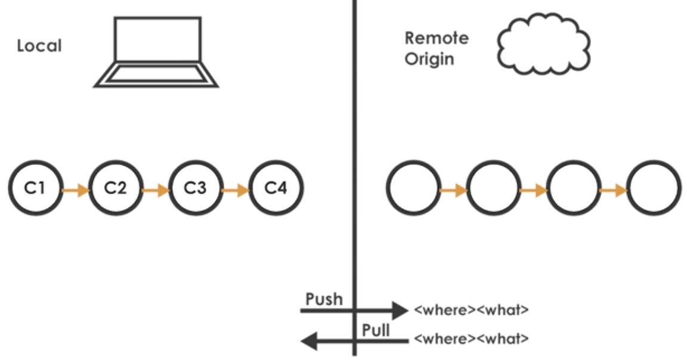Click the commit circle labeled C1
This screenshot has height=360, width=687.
point(36,189)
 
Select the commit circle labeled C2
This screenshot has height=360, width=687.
point(115,189)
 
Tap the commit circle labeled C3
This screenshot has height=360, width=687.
point(195,189)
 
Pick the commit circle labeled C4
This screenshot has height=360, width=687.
point(275,189)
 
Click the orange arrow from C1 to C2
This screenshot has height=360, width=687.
point(75,190)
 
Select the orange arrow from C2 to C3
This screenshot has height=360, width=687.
point(155,190)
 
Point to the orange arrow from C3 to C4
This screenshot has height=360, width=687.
point(235,190)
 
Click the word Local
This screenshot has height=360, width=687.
point(39,46)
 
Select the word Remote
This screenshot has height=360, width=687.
point(437,38)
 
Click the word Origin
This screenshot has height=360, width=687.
point(429,60)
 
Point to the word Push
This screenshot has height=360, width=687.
point(324,299)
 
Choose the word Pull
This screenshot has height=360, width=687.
point(376,330)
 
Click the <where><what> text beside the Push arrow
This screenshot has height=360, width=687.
point(471,310)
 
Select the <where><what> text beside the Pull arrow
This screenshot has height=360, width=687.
point(471,339)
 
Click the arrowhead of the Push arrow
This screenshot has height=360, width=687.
point(398,311)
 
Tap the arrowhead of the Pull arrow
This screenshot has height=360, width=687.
point(309,340)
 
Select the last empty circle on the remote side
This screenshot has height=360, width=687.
point(654,189)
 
